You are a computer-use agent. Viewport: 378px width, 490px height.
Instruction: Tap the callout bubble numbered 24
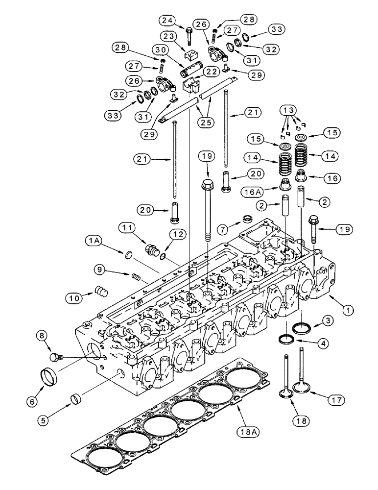click(166, 21)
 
